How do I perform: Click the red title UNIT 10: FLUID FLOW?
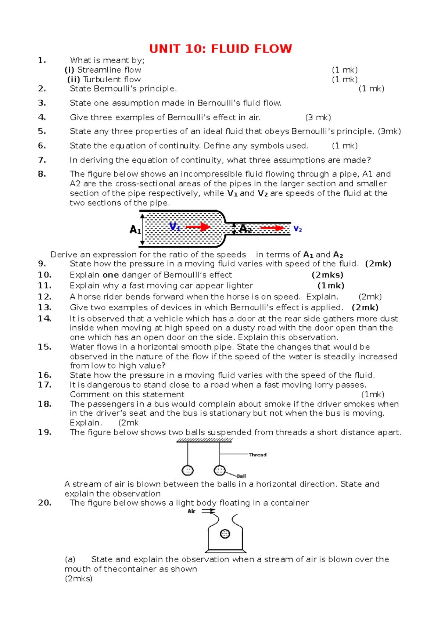(x=220, y=49)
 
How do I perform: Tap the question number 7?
(x=42, y=160)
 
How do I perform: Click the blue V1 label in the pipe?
(x=175, y=227)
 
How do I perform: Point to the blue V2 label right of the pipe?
(x=298, y=229)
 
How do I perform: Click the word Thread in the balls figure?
(x=257, y=455)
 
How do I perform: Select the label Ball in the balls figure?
(x=241, y=476)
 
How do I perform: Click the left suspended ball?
(x=188, y=470)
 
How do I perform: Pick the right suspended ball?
(x=219, y=470)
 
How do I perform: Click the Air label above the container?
(x=191, y=511)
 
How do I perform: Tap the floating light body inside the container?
(x=225, y=534)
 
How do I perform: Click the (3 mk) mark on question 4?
(x=318, y=118)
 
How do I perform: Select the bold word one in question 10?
(x=111, y=275)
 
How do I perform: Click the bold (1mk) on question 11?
(x=331, y=286)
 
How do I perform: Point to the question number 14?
(x=44, y=319)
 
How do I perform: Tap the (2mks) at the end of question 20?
(x=78, y=579)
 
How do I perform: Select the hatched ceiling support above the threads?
(x=204, y=440)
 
